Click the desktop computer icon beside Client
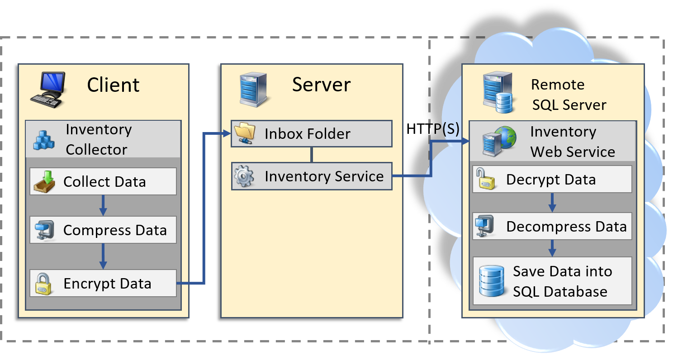[48, 90]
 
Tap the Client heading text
[113, 85]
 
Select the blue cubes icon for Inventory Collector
[44, 140]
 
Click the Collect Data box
[103, 181]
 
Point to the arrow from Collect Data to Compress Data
[103, 205]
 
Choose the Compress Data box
[103, 230]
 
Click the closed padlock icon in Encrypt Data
[43, 284]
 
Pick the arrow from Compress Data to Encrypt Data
[103, 256]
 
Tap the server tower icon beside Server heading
[253, 90]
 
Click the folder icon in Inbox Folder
[245, 133]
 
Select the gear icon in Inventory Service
[244, 176]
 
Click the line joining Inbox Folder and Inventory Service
[312, 155]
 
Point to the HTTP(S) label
[433, 129]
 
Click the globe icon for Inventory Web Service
[506, 137]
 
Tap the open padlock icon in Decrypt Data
[485, 179]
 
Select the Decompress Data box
[552, 226]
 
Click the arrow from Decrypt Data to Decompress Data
[552, 203]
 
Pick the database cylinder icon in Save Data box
[492, 281]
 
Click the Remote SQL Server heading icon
[498, 92]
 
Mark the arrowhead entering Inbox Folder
[227, 133]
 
